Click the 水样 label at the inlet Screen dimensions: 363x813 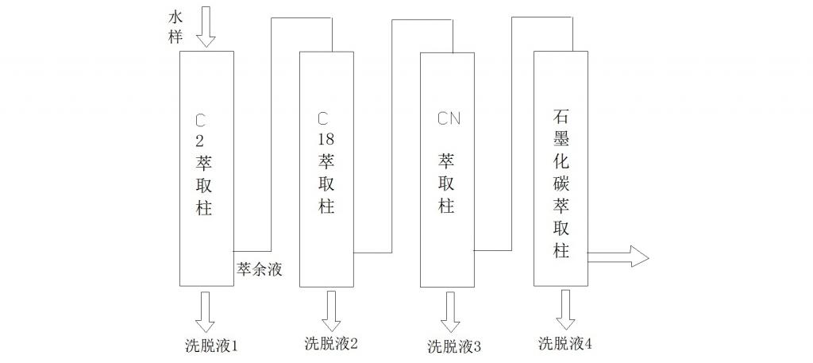click(176, 26)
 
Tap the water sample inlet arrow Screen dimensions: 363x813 click(205, 25)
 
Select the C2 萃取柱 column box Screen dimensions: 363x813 click(206, 168)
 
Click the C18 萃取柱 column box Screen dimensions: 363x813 click(326, 168)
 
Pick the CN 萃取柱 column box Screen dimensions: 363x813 click(447, 168)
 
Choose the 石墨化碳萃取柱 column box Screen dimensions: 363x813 click(561, 168)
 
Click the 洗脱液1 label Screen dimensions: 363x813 click(211, 346)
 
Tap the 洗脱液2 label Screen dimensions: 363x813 click(331, 344)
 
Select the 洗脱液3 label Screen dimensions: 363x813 click(455, 346)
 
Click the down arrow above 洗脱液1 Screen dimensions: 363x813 click(205, 311)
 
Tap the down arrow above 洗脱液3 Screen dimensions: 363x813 click(449, 312)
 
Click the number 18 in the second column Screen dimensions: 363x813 click(326, 139)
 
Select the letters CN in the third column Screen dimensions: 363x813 click(449, 120)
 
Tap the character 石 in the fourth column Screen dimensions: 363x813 click(561, 117)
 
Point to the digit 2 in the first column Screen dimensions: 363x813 click(200, 142)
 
